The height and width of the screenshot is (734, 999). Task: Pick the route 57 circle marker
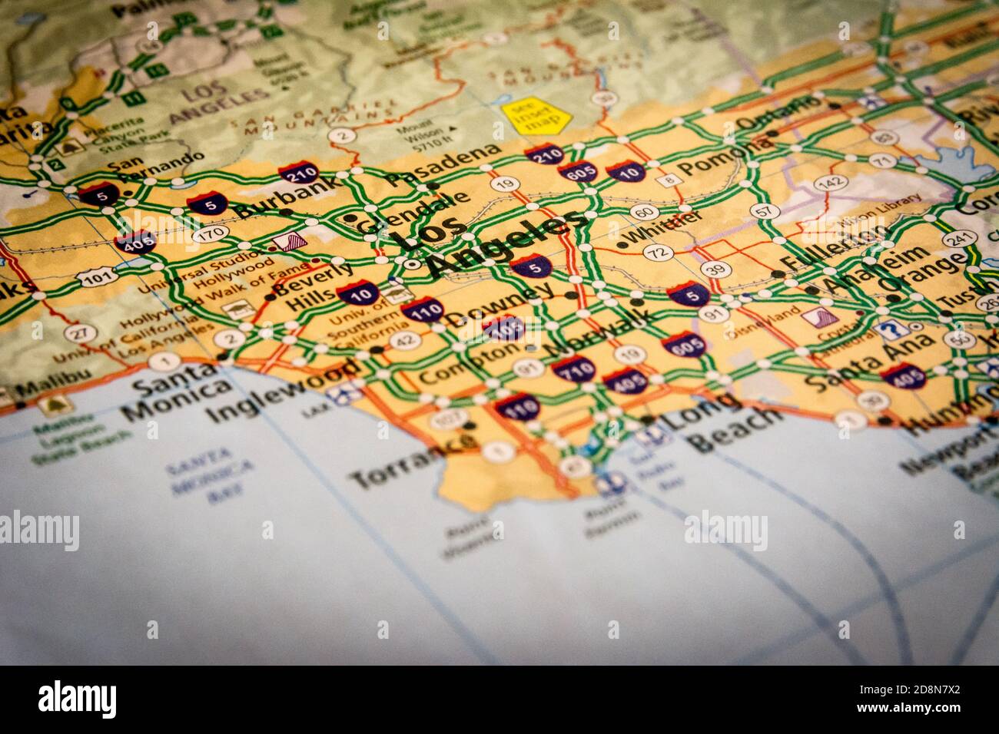[762, 210]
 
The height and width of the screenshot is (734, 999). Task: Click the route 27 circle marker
[75, 332]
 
